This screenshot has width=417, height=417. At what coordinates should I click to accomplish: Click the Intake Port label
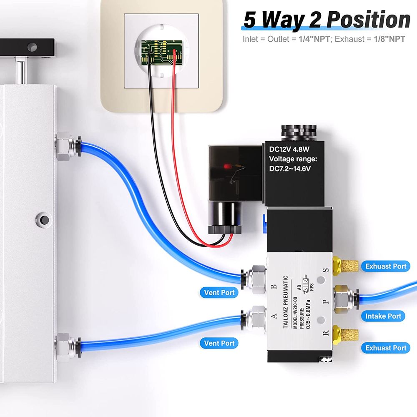[383, 316]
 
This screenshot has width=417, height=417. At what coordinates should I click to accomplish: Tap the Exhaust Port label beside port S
[386, 266]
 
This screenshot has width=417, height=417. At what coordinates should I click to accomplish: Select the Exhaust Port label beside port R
[386, 348]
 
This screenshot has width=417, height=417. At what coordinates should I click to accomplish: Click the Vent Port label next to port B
[219, 292]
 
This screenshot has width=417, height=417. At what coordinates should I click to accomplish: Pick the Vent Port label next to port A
[219, 343]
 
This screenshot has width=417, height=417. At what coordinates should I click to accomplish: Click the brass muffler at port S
[344, 264]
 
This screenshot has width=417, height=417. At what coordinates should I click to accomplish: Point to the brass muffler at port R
[344, 334]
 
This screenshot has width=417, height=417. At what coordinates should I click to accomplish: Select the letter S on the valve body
[326, 270]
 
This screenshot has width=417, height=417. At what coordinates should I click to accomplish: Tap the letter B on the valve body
[274, 287]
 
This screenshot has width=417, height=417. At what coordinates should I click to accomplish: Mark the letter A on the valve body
[274, 317]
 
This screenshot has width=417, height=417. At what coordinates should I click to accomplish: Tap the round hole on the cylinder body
[42, 217]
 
